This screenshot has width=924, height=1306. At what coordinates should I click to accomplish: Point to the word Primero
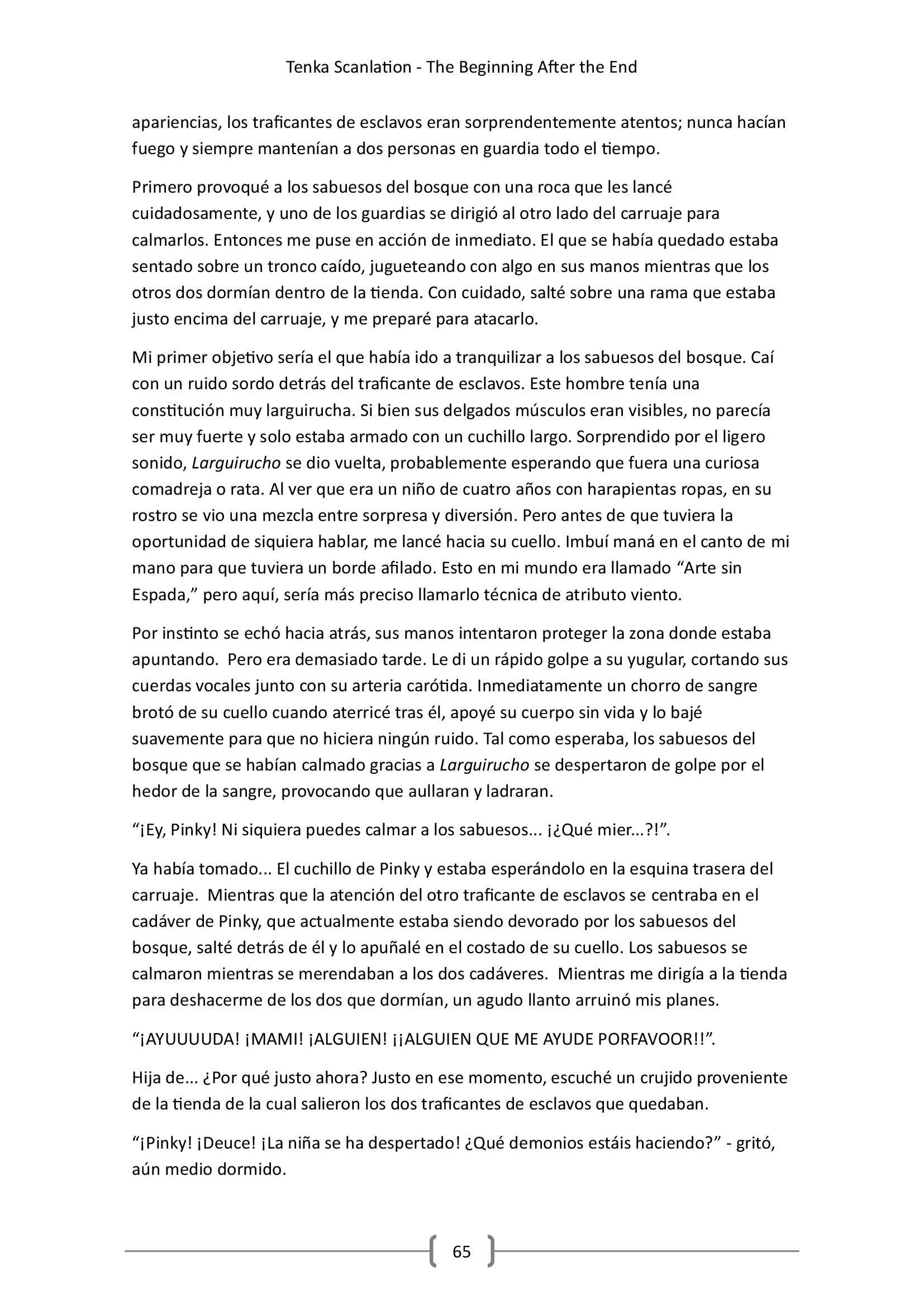tap(161, 187)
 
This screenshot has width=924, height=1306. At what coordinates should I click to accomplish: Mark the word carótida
tap(441, 686)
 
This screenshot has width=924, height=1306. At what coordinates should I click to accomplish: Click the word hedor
tap(154, 792)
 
